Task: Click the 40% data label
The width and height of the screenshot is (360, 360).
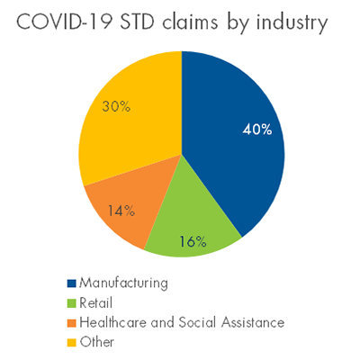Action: [257, 130]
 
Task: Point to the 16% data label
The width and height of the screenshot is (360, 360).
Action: [193, 241]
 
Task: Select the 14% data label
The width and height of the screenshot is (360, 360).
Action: [121, 211]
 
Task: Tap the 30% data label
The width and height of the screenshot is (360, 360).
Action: [116, 106]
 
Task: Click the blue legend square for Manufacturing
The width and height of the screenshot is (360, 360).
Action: [72, 283]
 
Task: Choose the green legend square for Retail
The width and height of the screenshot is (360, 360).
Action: [72, 303]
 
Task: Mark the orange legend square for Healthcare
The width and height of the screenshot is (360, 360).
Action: [72, 323]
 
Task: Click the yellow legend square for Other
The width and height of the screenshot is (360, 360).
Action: [72, 343]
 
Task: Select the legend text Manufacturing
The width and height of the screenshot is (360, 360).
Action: [123, 283]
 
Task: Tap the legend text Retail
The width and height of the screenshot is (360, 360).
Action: [96, 302]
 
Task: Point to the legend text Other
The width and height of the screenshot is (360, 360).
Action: [97, 342]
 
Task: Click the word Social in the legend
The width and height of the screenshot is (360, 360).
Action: [197, 322]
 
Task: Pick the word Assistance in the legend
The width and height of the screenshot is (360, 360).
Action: [253, 322]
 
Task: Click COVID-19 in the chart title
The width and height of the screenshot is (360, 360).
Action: [66, 22]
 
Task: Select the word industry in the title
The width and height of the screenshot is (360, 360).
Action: [292, 23]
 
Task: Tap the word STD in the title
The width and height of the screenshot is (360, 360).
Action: [138, 22]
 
